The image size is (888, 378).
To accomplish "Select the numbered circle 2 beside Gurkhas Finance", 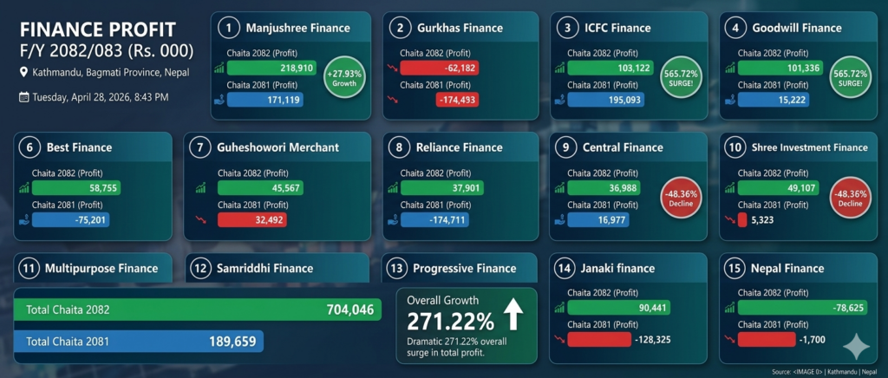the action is point(401,29).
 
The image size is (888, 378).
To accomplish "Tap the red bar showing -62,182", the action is point(440,68).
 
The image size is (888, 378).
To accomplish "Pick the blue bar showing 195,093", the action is point(605,100).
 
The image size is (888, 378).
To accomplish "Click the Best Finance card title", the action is point(79,147).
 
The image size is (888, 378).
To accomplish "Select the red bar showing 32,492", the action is point(252,219).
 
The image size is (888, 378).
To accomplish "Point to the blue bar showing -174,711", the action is point(435,219).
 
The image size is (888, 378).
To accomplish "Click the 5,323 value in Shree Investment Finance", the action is point(762,219).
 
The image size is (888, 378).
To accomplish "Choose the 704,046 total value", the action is point(350,310).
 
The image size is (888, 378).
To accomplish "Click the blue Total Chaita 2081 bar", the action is point(138,342).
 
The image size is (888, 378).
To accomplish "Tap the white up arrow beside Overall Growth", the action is point(513,314).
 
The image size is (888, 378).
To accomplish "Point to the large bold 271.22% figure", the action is point(450,322).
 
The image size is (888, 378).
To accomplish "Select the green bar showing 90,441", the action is point(619,307).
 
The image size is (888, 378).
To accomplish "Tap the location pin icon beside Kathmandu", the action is point(23,73).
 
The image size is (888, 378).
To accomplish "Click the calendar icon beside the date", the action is point(23,97).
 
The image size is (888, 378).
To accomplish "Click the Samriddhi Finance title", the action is point(265,268).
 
